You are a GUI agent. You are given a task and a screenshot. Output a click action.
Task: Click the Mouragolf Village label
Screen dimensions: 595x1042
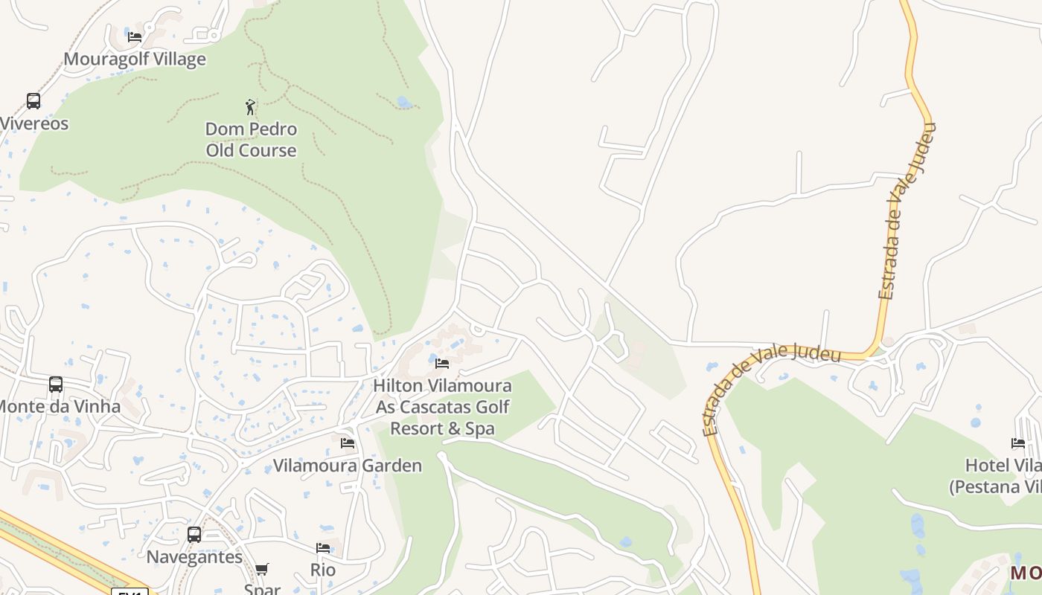tap(135, 59)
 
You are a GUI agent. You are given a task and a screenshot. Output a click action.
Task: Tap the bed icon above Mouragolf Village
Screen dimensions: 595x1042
tap(135, 36)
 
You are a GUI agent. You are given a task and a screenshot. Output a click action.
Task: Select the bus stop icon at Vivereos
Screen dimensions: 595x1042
tap(33, 101)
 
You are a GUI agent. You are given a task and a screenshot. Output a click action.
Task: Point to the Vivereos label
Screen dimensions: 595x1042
tap(34, 123)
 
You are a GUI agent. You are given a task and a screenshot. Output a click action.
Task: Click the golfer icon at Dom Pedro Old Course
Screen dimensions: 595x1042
tap(251, 107)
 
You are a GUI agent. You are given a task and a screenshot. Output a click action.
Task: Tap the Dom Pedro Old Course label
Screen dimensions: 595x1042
tap(251, 140)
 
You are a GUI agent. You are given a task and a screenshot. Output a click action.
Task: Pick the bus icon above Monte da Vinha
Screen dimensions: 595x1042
tap(56, 385)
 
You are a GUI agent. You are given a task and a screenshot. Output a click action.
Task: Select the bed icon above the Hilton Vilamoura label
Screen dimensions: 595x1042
tap(442, 364)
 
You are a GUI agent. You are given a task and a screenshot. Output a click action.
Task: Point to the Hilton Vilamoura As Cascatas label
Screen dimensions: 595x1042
tap(442, 407)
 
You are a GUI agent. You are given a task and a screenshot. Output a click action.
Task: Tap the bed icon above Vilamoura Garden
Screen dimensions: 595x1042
tap(348, 443)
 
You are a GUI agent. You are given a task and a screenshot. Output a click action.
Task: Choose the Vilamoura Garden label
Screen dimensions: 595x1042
tap(348, 466)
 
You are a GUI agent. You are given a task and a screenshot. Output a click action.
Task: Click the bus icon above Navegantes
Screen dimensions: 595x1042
tap(194, 534)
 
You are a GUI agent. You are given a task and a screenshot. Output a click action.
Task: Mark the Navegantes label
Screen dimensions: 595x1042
tap(194, 557)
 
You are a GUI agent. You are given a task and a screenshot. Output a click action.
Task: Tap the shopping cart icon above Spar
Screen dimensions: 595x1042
tap(262, 570)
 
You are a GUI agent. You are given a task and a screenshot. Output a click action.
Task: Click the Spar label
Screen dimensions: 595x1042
tap(262, 588)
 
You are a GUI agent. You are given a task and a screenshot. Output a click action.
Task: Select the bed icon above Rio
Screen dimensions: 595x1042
tap(323, 548)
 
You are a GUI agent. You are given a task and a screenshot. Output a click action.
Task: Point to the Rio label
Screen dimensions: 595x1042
tap(323, 570)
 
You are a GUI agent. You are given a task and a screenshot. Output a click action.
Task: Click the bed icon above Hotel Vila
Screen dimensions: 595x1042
tap(1018, 443)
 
